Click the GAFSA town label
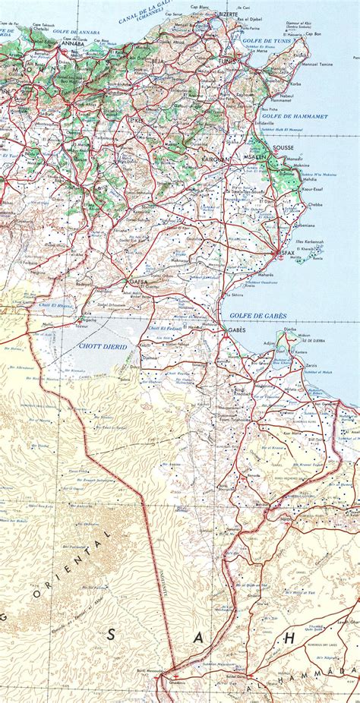point(138,282)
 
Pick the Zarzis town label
point(311,365)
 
